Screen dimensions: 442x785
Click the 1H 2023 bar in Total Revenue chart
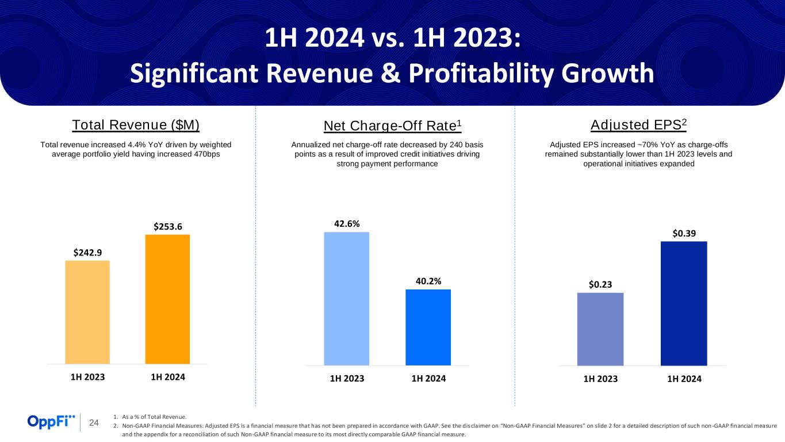click(87, 312)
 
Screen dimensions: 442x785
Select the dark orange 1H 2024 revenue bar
click(167, 299)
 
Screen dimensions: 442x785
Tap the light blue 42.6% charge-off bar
click(347, 298)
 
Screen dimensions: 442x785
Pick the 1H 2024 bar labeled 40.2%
click(428, 327)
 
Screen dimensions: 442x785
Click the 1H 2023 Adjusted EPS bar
click(600, 329)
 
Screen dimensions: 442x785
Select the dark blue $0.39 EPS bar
click(684, 303)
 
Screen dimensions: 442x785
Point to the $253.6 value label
click(168, 226)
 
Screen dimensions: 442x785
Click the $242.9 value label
click(87, 252)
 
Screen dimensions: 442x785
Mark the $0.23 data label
click(600, 284)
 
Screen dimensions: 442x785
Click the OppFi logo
click(51, 422)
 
